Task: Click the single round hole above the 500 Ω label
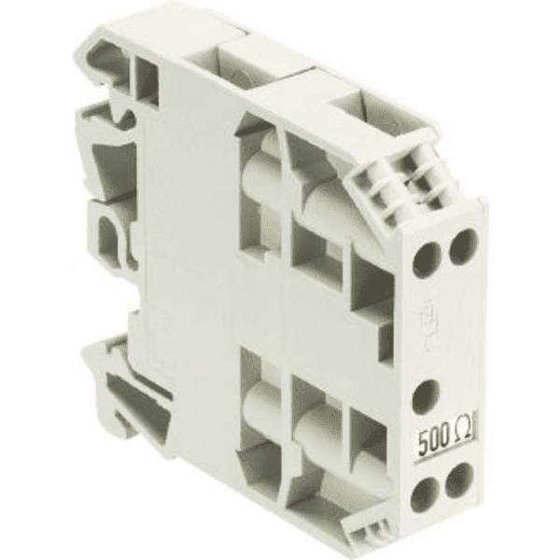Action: tap(426, 398)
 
